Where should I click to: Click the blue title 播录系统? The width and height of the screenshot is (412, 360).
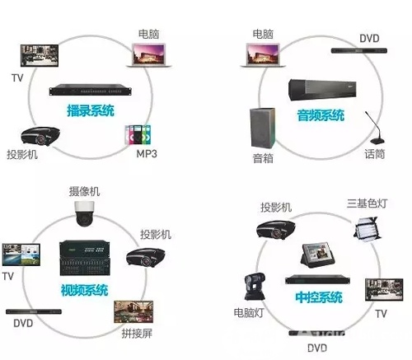pyautogui.click(x=91, y=110)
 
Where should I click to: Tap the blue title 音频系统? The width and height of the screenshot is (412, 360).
pyautogui.click(x=321, y=115)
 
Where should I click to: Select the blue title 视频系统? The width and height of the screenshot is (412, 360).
pyautogui.click(x=84, y=290)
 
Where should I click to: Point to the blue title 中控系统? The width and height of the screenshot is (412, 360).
pyautogui.click(x=319, y=297)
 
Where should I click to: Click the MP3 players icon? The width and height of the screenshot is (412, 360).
pyautogui.click(x=138, y=135)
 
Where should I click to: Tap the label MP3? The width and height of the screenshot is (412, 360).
pyautogui.click(x=147, y=154)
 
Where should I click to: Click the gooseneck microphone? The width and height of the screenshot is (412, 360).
pyautogui.click(x=376, y=128)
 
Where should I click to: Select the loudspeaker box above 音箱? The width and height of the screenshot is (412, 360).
pyautogui.click(x=263, y=128)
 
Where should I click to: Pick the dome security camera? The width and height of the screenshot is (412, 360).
pyautogui.click(x=84, y=213)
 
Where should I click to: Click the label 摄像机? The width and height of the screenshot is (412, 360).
pyautogui.click(x=84, y=191)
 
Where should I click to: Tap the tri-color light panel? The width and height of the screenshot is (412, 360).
pyautogui.click(x=367, y=227)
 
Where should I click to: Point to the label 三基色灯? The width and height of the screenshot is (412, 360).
pyautogui.click(x=367, y=203)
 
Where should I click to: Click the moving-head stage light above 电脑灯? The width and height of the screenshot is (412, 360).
pyautogui.click(x=255, y=287)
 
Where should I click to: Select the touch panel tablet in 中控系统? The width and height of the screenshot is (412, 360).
pyautogui.click(x=318, y=255)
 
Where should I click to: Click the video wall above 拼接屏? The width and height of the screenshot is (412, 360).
pyautogui.click(x=133, y=312)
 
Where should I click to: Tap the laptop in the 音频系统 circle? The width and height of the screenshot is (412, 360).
pyautogui.click(x=263, y=55)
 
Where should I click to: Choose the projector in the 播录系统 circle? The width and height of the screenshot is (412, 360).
pyautogui.click(x=40, y=136)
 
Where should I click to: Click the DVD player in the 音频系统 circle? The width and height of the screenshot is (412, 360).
pyautogui.click(x=359, y=51)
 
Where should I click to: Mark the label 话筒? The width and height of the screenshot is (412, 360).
pyautogui.click(x=375, y=154)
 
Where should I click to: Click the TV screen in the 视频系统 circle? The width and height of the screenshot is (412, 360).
pyautogui.click(x=21, y=255)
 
